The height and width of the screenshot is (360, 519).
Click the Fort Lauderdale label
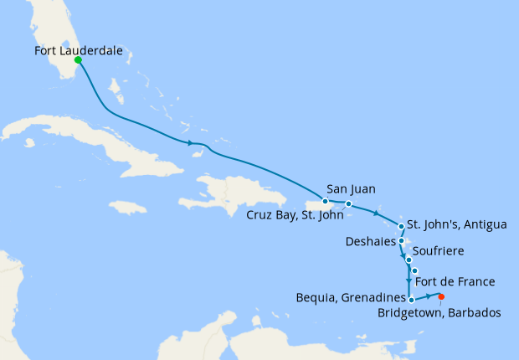click(x=79, y=50)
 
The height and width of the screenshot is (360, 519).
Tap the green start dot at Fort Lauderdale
click(x=78, y=60)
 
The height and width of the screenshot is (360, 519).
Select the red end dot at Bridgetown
click(x=441, y=296)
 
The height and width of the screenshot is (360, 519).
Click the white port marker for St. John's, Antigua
click(x=402, y=226)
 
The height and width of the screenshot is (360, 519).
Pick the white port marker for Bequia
click(x=411, y=298)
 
